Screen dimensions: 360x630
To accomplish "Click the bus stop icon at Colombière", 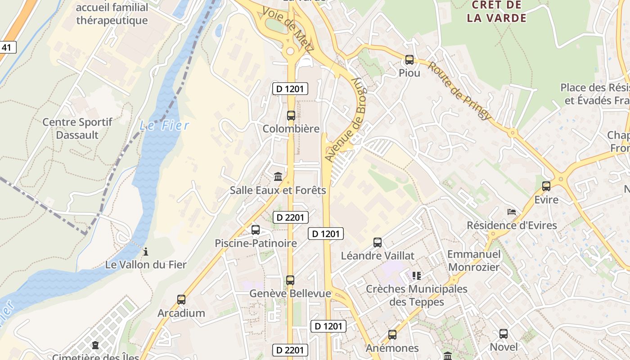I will pyautogui.click(x=291, y=115).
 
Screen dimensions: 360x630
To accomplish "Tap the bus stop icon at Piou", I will pyautogui.click(x=409, y=59).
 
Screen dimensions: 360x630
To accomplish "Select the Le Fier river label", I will pyautogui.click(x=165, y=125).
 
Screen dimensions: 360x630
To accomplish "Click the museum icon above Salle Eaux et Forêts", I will pyautogui.click(x=278, y=176).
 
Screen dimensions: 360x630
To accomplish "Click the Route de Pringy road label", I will pyautogui.click(x=459, y=90).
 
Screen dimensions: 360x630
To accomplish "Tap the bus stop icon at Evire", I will pyautogui.click(x=546, y=186).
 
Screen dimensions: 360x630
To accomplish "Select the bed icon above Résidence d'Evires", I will pyautogui.click(x=512, y=211).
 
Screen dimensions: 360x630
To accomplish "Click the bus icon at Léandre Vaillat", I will pyautogui.click(x=378, y=242).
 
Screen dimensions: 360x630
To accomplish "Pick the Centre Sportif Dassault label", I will pyautogui.click(x=77, y=128).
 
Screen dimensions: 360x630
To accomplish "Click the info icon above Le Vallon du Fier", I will pyautogui.click(x=145, y=251).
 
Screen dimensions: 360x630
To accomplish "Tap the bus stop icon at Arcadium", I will pyautogui.click(x=181, y=299).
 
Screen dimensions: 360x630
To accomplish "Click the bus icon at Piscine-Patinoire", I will pyautogui.click(x=256, y=229).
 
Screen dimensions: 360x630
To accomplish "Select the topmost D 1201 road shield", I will pyautogui.click(x=290, y=89).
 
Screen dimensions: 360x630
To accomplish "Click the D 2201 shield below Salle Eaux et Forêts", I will pyautogui.click(x=290, y=217).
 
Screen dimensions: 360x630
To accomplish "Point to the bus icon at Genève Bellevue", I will pyautogui.click(x=290, y=280).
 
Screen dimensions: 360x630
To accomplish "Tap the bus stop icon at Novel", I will pyautogui.click(x=504, y=333).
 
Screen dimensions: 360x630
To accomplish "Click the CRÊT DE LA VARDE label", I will pyautogui.click(x=496, y=12).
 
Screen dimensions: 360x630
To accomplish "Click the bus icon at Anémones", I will pyautogui.click(x=392, y=334).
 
